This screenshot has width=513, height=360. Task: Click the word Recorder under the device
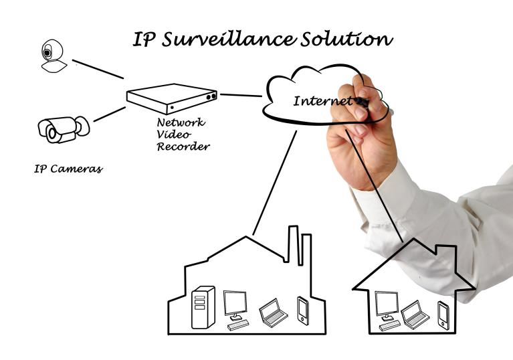tap(183, 146)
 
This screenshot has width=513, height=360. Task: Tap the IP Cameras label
tap(68, 169)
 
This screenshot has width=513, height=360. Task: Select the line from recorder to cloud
tap(241, 95)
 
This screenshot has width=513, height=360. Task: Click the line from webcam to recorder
tap(98, 69)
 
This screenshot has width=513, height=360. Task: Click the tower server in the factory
tap(203, 307)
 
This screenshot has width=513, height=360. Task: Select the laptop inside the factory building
tap(273, 312)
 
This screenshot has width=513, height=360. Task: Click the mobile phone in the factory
tap(303, 310)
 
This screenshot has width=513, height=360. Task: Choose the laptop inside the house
tap(415, 314)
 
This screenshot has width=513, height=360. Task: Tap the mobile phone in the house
tap(443, 314)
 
